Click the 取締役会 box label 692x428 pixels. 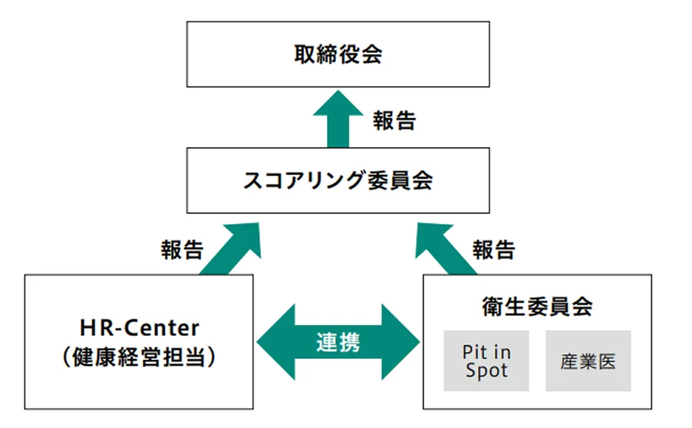(x=338, y=54)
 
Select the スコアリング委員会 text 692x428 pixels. (x=338, y=181)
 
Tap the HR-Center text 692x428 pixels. (x=140, y=328)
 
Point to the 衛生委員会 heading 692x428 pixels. (x=538, y=307)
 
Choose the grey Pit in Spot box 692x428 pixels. (x=486, y=361)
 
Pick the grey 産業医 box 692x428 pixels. (x=588, y=361)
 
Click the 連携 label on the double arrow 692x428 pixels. (x=338, y=342)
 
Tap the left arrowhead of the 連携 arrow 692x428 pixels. (x=272, y=342)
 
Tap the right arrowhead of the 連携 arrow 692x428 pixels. (x=404, y=342)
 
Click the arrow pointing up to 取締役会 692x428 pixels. (x=338, y=119)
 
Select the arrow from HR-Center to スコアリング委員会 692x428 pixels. (x=232, y=249)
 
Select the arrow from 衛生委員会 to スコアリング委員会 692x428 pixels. (x=446, y=249)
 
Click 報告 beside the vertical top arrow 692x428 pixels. (x=394, y=120)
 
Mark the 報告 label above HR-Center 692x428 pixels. (x=182, y=250)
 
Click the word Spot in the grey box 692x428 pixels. (x=486, y=370)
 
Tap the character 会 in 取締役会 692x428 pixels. (x=371, y=54)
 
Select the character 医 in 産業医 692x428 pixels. (x=607, y=361)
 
